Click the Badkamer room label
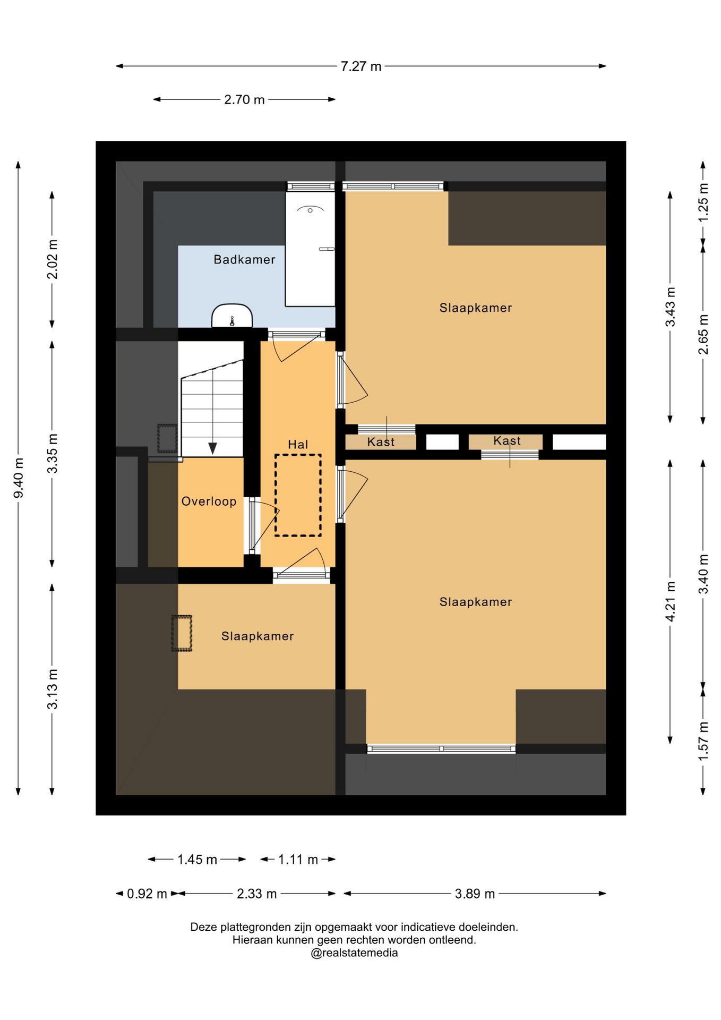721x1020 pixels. [x=244, y=259]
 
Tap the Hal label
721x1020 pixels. [x=298, y=444]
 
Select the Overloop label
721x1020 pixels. [x=209, y=501]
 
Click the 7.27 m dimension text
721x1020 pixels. [x=361, y=66]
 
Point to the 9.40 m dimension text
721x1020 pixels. [x=19, y=478]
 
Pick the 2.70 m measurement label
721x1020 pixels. [x=244, y=99]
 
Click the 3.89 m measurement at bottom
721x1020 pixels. [x=475, y=894]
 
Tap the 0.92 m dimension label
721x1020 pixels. [x=147, y=894]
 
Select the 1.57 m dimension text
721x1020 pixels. [x=703, y=741]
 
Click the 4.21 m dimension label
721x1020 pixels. [x=670, y=601]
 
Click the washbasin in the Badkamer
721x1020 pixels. [x=232, y=316]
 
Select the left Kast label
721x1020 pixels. [x=381, y=442]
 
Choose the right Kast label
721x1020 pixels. [x=507, y=441]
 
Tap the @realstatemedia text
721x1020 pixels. [x=354, y=953]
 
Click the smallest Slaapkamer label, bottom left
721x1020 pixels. [x=257, y=636]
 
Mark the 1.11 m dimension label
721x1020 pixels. [x=298, y=860]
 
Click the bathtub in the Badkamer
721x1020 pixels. [x=310, y=249]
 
